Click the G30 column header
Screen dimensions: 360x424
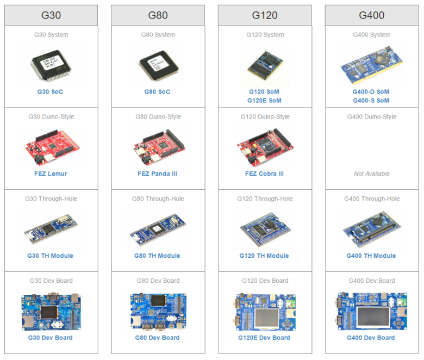coord(51,15)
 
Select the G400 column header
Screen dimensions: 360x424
coord(372,15)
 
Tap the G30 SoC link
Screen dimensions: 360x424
coord(50,91)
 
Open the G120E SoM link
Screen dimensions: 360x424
coord(265,101)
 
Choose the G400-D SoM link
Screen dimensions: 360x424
coord(371,92)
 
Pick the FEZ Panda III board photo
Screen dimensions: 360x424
coord(157,146)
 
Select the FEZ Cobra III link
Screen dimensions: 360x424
coord(265,174)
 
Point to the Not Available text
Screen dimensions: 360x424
coord(372,174)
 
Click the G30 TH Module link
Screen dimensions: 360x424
coord(50,256)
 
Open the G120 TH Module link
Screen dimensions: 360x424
coord(264,256)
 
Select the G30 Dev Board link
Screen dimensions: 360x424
coord(50,338)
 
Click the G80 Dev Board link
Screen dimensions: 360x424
coord(157,338)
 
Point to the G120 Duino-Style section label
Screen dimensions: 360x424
coord(265,117)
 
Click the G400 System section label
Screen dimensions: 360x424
coord(372,35)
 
